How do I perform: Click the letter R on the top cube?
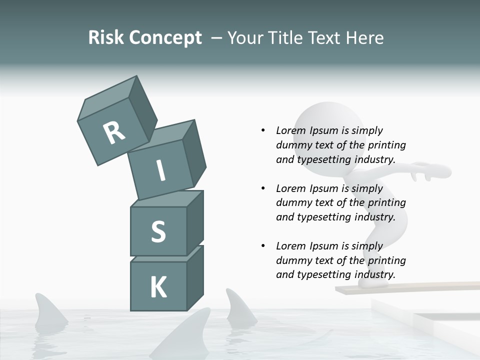pyautogui.click(x=114, y=132)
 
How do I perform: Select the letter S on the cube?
pyautogui.click(x=158, y=231)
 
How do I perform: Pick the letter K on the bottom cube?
pyautogui.click(x=158, y=287)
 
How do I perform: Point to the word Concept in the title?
pyautogui.click(x=165, y=38)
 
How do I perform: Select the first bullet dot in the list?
pyautogui.click(x=263, y=130)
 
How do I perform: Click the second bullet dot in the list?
pyautogui.click(x=263, y=188)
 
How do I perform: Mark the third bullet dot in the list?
pyautogui.click(x=263, y=246)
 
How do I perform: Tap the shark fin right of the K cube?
pyautogui.click(x=238, y=306)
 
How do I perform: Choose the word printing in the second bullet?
pyautogui.click(x=386, y=202)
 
